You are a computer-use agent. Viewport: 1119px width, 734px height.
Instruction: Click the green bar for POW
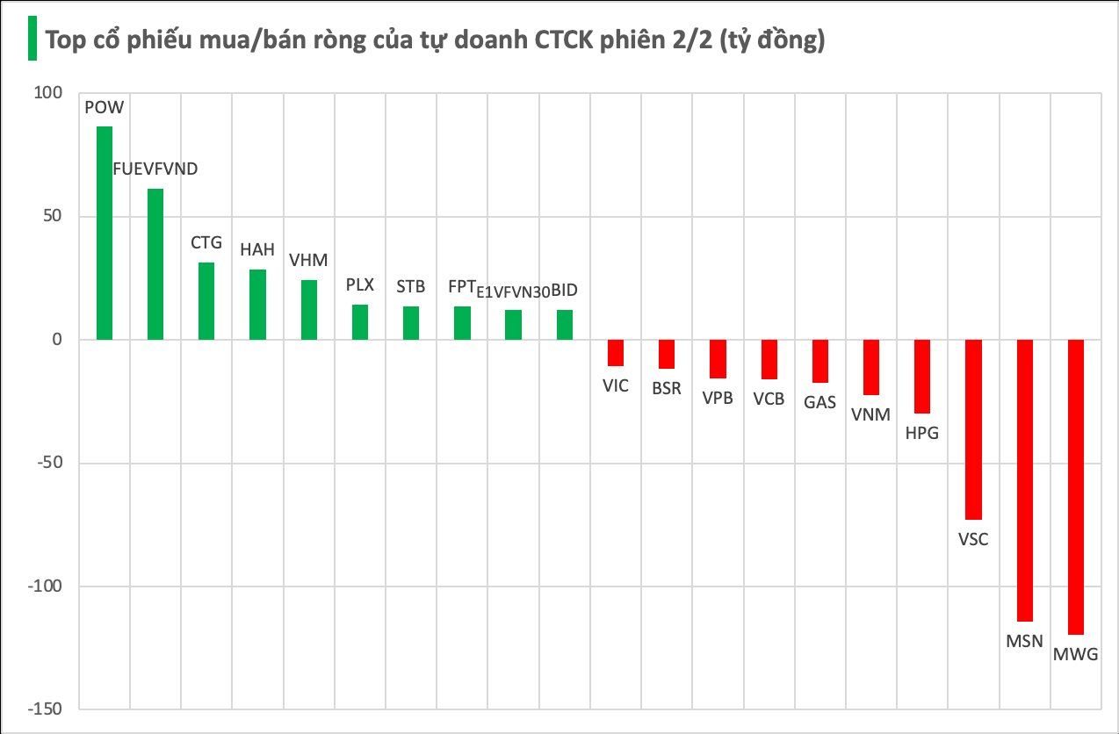pyautogui.click(x=105, y=233)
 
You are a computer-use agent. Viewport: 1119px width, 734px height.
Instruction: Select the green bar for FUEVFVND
pyautogui.click(x=155, y=263)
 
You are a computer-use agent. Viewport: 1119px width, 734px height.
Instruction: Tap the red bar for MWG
pyautogui.click(x=1076, y=486)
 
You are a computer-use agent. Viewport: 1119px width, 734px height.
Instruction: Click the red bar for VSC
pyautogui.click(x=973, y=429)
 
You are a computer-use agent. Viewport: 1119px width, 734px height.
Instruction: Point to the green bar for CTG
pyautogui.click(x=206, y=300)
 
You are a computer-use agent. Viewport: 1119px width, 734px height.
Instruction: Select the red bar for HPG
pyautogui.click(x=922, y=376)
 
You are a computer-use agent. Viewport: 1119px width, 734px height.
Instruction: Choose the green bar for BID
pyautogui.click(x=565, y=324)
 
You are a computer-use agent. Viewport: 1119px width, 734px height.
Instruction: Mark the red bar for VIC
pyautogui.click(x=616, y=352)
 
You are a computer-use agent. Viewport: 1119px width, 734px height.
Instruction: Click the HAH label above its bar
pyautogui.click(x=257, y=249)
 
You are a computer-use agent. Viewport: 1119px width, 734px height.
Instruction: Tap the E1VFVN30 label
pyautogui.click(x=512, y=292)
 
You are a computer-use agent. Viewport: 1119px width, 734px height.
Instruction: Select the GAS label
pyautogui.click(x=819, y=403)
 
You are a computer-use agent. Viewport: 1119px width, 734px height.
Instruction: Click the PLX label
pyautogui.click(x=360, y=284)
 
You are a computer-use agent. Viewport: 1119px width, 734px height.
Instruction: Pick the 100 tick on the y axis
pyautogui.click(x=52, y=93)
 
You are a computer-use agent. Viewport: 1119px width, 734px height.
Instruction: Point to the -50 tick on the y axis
pyautogui.click(x=51, y=463)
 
